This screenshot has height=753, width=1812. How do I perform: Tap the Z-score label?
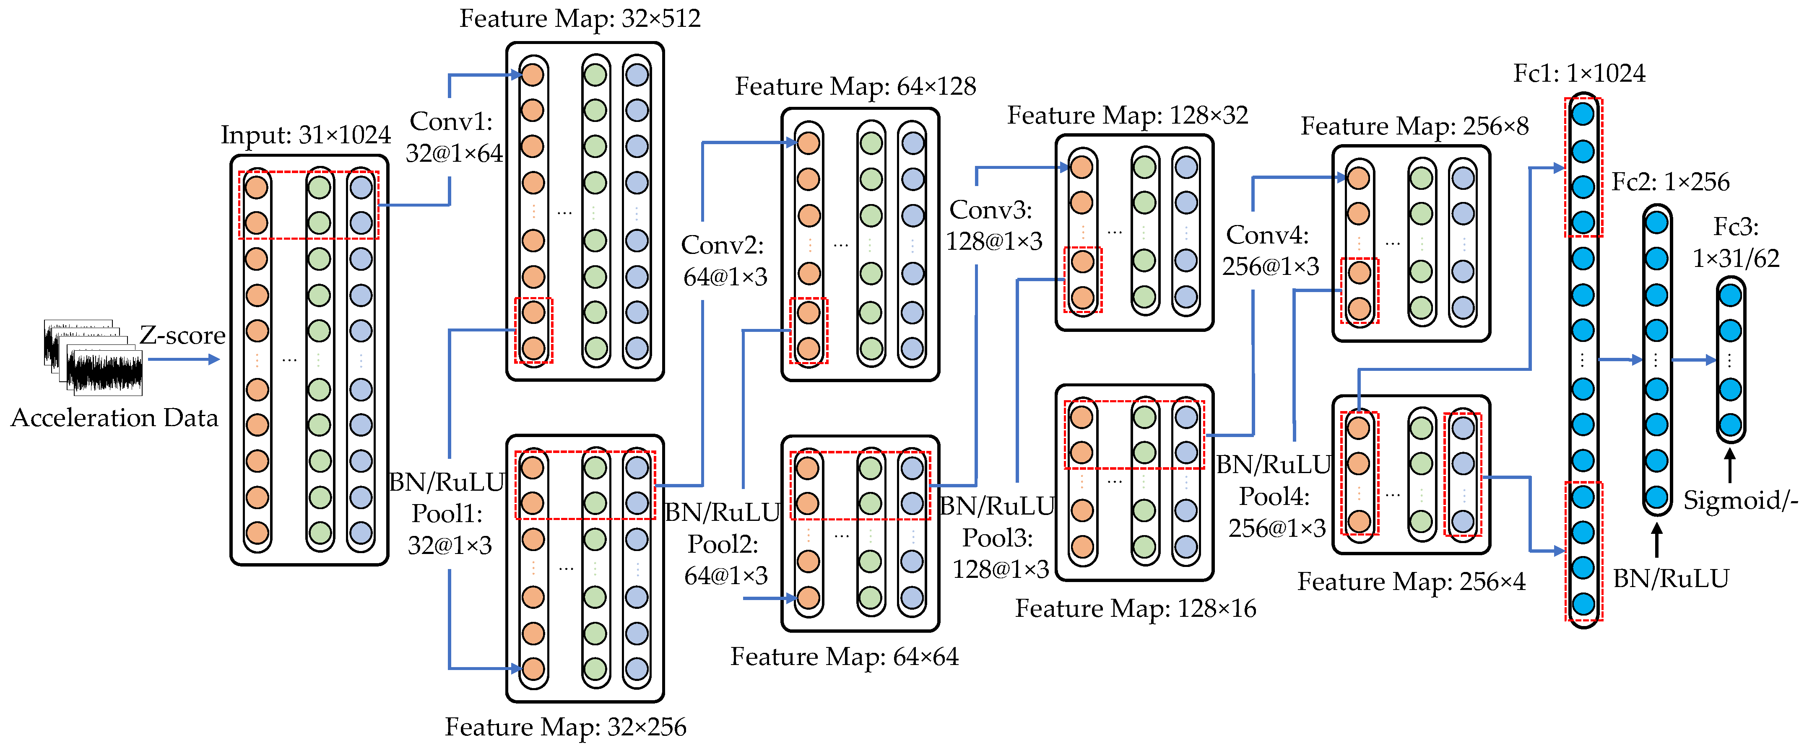tap(182, 335)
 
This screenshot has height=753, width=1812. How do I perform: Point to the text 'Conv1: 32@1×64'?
tap(454, 137)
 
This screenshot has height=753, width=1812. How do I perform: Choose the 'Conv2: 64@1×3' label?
tap(725, 261)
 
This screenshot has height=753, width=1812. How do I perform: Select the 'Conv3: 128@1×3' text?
tap(993, 225)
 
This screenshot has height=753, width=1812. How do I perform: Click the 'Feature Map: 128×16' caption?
tap(1135, 608)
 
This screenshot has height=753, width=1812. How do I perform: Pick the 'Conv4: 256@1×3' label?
tap(1270, 250)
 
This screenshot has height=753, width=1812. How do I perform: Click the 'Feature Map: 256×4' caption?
tap(1411, 582)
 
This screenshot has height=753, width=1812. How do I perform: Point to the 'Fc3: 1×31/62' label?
tap(1735, 243)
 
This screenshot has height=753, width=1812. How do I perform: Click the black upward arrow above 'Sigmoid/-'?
tap(1730, 466)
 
